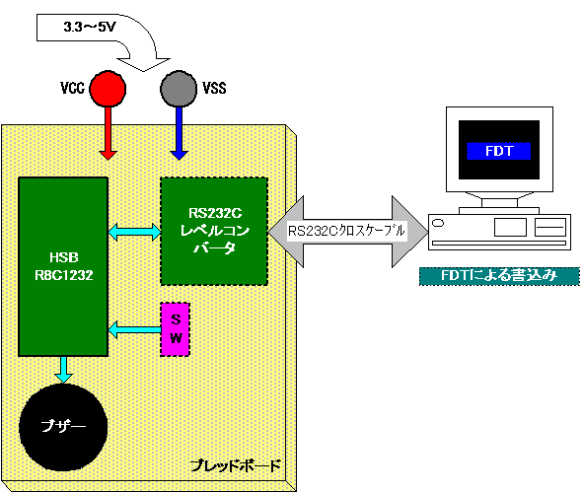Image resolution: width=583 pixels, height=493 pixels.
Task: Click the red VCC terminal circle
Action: pos(108,89)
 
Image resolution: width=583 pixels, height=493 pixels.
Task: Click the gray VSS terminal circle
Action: pos(179,89)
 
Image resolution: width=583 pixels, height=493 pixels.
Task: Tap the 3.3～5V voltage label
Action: pos(90,27)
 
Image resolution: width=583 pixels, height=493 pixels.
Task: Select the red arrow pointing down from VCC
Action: pos(108,133)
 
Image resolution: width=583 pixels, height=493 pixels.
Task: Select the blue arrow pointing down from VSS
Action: pos(179,133)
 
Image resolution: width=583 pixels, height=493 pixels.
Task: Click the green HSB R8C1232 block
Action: pos(63,266)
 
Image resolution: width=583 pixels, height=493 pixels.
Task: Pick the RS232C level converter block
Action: pos(214,231)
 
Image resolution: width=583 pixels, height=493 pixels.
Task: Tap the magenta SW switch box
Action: pos(176,329)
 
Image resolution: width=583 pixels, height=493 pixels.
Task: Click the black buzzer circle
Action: pos(63,427)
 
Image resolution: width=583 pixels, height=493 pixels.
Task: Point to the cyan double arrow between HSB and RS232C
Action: pos(134,232)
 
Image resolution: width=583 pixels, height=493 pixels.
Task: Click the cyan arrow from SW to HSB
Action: pos(134,329)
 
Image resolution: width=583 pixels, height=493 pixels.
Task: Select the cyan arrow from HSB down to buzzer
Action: pos(63,370)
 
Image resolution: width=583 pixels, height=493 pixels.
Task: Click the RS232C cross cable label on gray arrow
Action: pos(346,231)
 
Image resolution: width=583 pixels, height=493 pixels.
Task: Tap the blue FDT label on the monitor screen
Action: pos(498,151)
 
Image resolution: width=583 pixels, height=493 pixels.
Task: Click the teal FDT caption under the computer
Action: pos(499,276)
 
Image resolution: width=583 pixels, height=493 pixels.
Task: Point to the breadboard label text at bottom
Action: pos(235,465)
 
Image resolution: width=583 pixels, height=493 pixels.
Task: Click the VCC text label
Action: pos(72,89)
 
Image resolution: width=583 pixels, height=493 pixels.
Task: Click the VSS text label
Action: pos(214,89)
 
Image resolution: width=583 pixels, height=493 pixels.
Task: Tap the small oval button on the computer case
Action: pos(438,223)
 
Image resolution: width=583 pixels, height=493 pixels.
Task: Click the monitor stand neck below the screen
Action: pos(499,203)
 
